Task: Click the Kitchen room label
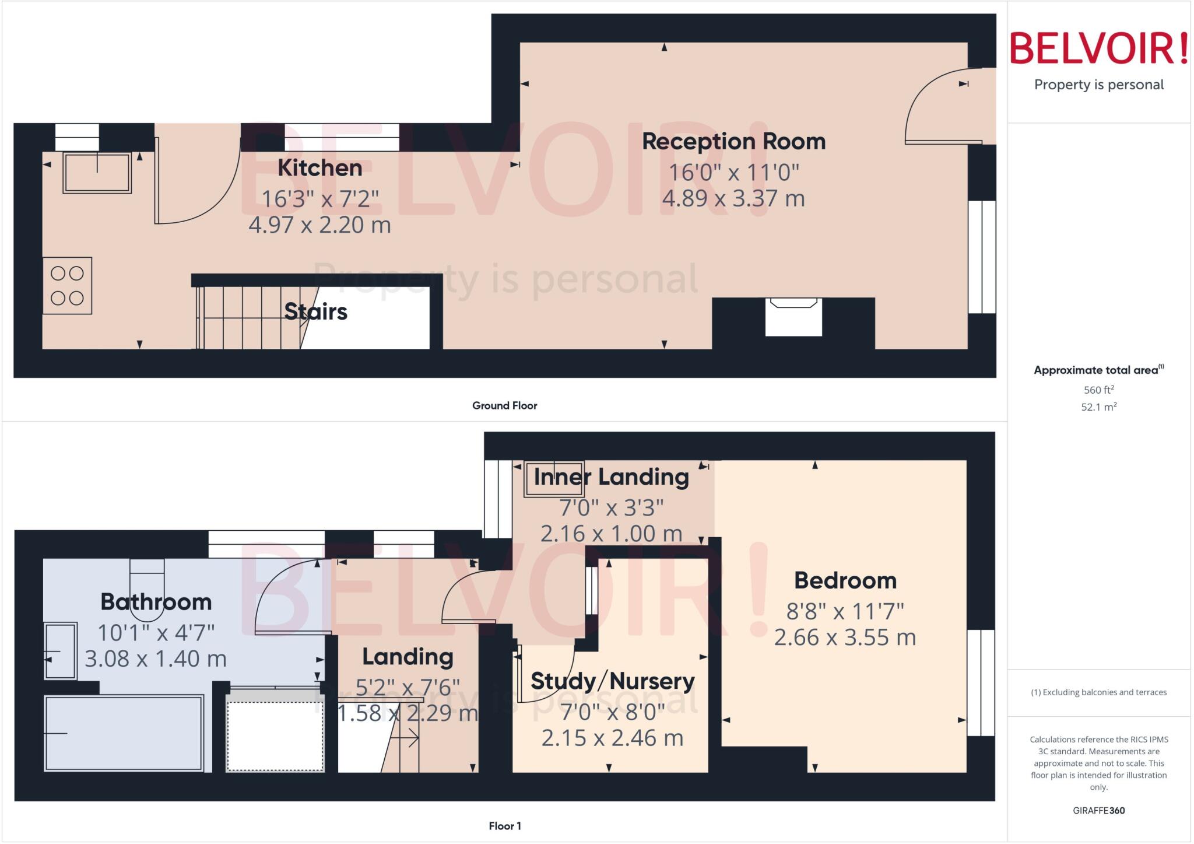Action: (319, 168)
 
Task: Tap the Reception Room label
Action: (733, 142)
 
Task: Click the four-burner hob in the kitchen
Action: (67, 286)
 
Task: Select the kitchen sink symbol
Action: (97, 173)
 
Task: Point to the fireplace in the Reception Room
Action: (793, 316)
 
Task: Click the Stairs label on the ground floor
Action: (315, 312)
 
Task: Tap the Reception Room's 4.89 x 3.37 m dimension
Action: (733, 199)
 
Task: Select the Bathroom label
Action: (156, 602)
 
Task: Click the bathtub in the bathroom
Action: (124, 733)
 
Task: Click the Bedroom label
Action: (845, 581)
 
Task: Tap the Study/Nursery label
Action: (612, 681)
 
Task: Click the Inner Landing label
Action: (611, 477)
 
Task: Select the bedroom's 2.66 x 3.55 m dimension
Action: (845, 638)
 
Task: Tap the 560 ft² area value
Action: (1098, 390)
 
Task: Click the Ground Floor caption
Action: (504, 405)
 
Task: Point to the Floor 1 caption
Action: (504, 826)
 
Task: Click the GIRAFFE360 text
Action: (1098, 810)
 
